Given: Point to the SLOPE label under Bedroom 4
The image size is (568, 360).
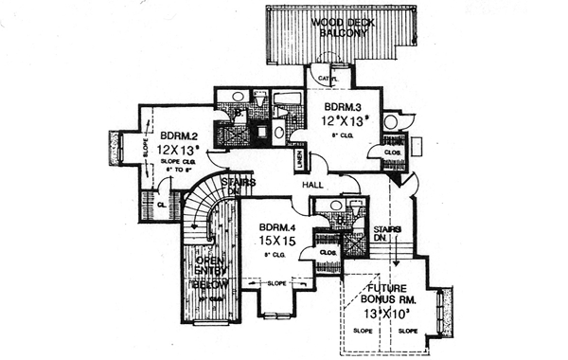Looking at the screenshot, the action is click(x=277, y=283).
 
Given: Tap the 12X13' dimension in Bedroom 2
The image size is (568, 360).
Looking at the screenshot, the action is click(x=179, y=151).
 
